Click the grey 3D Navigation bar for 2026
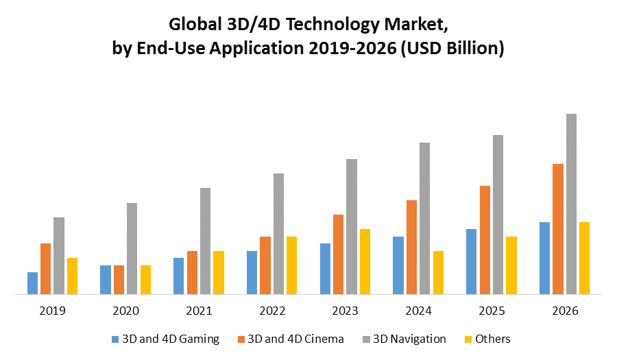[571, 204]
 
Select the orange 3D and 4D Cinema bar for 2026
[558, 229]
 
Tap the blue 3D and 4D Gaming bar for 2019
[33, 283]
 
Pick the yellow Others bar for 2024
[438, 272]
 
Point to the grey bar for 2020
[132, 248]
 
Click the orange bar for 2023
[338, 254]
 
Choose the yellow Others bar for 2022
[291, 265]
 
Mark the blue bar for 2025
[472, 261]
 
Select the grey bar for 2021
[206, 241]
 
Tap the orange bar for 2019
[46, 269]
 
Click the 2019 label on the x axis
[53, 311]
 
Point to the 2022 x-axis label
[272, 311]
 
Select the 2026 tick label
[565, 311]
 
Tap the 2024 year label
[418, 311]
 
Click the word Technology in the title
[290, 26]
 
